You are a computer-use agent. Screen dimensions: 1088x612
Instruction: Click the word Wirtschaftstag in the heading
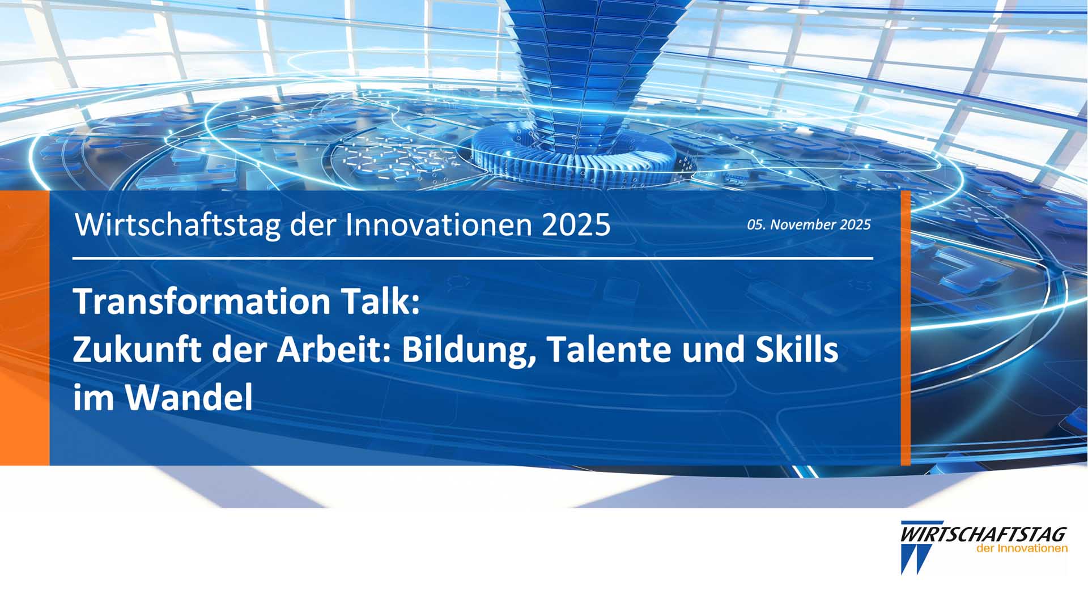point(178,226)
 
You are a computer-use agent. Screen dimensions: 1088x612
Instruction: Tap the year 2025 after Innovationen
point(576,225)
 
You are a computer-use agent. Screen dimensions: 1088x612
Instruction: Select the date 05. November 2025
point(809,224)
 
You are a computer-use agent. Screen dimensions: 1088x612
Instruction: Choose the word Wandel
point(189,397)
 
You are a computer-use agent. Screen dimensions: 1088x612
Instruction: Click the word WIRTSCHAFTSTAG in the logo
point(984,534)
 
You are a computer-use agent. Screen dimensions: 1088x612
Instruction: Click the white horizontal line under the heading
point(473,258)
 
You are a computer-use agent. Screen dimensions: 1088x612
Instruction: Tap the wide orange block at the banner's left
point(25,328)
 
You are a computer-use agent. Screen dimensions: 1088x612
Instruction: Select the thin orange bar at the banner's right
point(906,328)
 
